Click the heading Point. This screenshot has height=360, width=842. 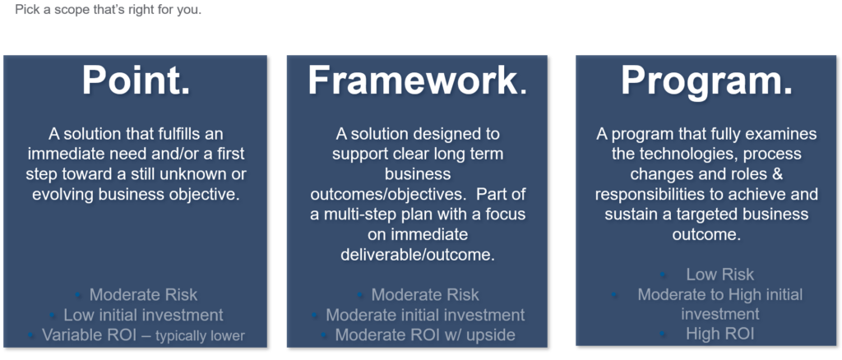point(136,81)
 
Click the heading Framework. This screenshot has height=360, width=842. point(417,81)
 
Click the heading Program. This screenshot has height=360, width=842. point(706,82)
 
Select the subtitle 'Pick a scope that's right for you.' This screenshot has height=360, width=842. point(108,10)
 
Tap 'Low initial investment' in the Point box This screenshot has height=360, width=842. point(143,315)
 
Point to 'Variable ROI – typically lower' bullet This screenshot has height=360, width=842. point(143,335)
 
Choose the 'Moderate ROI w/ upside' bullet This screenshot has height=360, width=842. point(425,335)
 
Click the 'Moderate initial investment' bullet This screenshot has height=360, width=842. point(425,315)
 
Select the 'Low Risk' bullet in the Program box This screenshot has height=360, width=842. point(719,275)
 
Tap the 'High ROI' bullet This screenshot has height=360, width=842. point(719,334)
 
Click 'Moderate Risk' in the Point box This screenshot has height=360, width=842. point(143,294)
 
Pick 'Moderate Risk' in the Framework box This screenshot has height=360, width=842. point(425,294)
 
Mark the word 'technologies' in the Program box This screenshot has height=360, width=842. point(680,154)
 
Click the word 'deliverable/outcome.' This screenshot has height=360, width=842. point(418,255)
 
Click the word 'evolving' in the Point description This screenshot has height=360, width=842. point(62,194)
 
